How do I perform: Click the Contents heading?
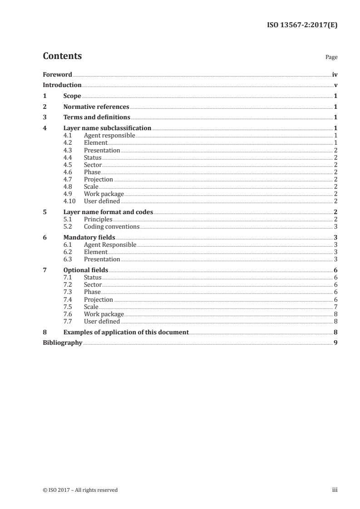pyautogui.click(x=62, y=56)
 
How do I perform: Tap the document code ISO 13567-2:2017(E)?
pyautogui.click(x=301, y=25)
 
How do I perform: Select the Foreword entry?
pyautogui.click(x=57, y=74)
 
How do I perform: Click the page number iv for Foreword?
pyautogui.click(x=335, y=74)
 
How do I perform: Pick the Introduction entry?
pyautogui.click(x=62, y=85)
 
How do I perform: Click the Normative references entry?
pyautogui.click(x=96, y=107)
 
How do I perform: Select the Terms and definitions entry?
pyautogui.click(x=97, y=117)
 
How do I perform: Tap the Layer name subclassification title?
pyautogui.click(x=107, y=128)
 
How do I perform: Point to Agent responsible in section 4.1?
pyautogui.click(x=109, y=136)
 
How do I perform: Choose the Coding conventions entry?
pyautogui.click(x=112, y=226)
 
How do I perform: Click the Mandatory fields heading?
pyautogui.click(x=89, y=237)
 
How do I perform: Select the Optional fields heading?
pyautogui.click(x=86, y=270)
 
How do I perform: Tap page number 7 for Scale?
pyautogui.click(x=335, y=307)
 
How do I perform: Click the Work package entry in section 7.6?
pyautogui.click(x=104, y=314)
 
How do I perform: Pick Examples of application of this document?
pyautogui.click(x=126, y=332)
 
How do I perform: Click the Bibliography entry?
pyautogui.click(x=62, y=343)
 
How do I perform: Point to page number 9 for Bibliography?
pyautogui.click(x=335, y=343)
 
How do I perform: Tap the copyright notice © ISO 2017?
pyautogui.click(x=80, y=489)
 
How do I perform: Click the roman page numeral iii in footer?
pyautogui.click(x=335, y=489)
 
